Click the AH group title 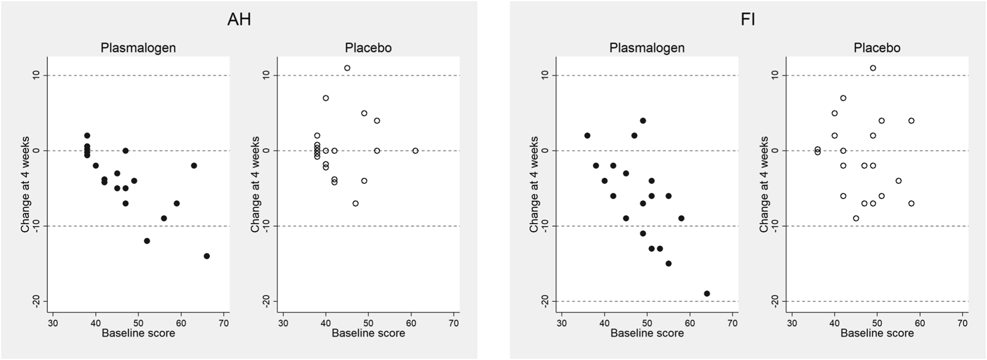pos(239,20)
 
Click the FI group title pos(747,20)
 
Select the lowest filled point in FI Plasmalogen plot pos(707,294)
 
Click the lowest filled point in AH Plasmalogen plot pos(207,256)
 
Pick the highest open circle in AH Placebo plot pos(347,68)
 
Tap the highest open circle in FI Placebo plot pos(873,68)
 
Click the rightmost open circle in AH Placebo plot pos(415,150)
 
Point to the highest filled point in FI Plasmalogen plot pos(643,120)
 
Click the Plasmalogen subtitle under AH pos(138,48)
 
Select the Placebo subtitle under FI pos(877,48)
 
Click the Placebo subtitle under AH pos(368,48)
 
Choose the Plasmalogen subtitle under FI pos(647,48)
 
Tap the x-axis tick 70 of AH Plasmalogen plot pos(223,323)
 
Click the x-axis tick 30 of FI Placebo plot pos(791,323)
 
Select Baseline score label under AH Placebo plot pos(368,333)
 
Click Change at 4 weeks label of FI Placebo pos(764,184)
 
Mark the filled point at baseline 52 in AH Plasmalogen pos(147,241)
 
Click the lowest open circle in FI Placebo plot pos(856,218)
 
